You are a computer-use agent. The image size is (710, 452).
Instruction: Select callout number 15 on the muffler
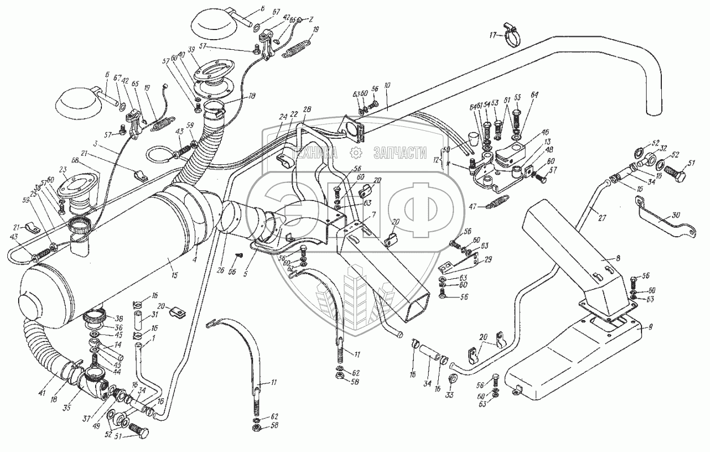coord(174,275)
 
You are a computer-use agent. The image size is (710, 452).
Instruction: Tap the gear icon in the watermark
coord(356,152)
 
